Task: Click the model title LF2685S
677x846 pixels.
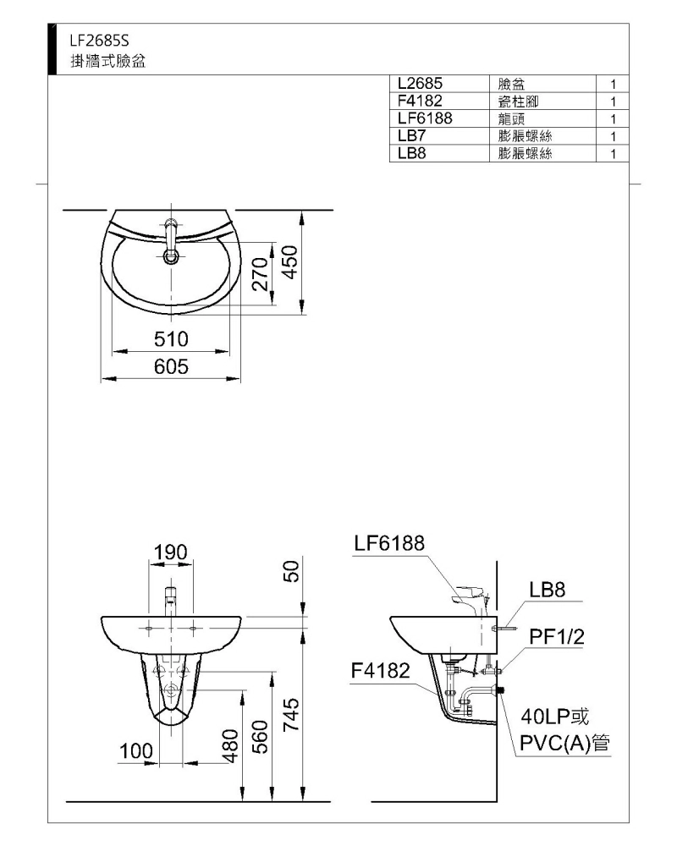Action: pyautogui.click(x=99, y=41)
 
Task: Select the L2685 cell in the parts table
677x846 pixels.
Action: pyautogui.click(x=420, y=84)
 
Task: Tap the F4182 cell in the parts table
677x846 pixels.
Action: pyautogui.click(x=420, y=101)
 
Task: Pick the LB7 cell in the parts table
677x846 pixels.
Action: pyautogui.click(x=411, y=135)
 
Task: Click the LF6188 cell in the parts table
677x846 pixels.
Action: pyautogui.click(x=425, y=118)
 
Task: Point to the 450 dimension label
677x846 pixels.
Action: pyautogui.click(x=291, y=262)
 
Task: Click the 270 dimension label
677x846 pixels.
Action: pyautogui.click(x=261, y=274)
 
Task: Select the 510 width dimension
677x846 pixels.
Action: pyautogui.click(x=171, y=339)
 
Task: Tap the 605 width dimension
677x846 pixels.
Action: pyautogui.click(x=171, y=367)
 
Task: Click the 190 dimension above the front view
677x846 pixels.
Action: pyautogui.click(x=171, y=552)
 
